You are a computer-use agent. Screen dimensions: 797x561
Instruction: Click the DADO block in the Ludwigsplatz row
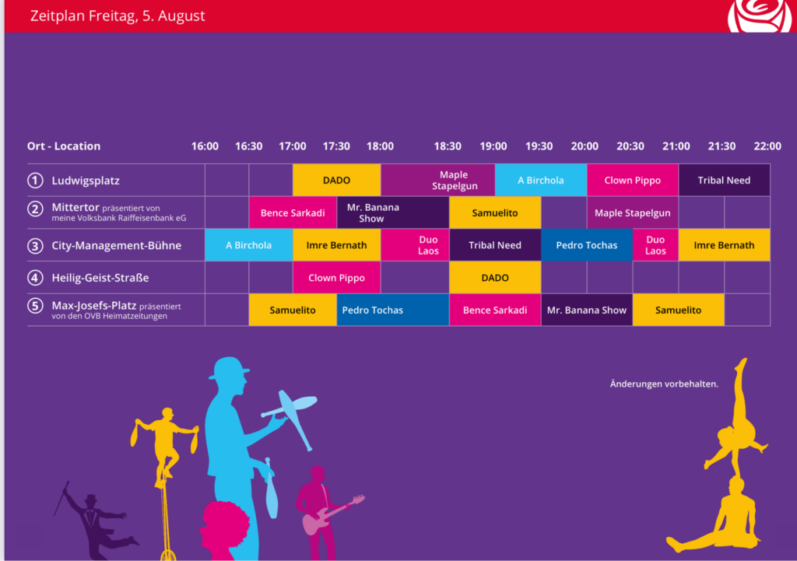pyautogui.click(x=336, y=180)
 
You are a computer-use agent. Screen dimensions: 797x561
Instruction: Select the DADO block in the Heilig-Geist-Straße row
pyautogui.click(x=495, y=278)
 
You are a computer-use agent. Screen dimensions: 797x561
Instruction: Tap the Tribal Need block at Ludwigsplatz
pyautogui.click(x=724, y=180)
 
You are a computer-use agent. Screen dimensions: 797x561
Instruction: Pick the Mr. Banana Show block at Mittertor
pyautogui.click(x=393, y=212)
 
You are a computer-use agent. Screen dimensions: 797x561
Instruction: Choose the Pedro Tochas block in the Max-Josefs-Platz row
pyautogui.click(x=393, y=310)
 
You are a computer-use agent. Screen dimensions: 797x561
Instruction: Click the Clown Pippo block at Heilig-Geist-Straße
pyautogui.click(x=336, y=278)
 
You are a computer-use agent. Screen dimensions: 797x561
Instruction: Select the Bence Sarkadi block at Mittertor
pyautogui.click(x=293, y=212)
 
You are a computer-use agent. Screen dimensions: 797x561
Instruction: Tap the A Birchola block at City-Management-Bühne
pyautogui.click(x=249, y=245)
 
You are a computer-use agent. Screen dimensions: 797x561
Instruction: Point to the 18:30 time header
pyautogui.click(x=448, y=146)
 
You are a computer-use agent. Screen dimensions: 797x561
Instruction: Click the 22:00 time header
pyautogui.click(x=767, y=146)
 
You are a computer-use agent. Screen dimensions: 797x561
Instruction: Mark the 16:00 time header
pyautogui.click(x=205, y=146)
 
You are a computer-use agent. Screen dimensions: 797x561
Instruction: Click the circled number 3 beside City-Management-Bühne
pyautogui.click(x=35, y=246)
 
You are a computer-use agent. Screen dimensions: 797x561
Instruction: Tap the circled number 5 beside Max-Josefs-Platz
pyautogui.click(x=35, y=306)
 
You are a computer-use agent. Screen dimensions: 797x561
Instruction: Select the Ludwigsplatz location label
pyautogui.click(x=86, y=181)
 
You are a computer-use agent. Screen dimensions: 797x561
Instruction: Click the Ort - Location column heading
pyautogui.click(x=64, y=146)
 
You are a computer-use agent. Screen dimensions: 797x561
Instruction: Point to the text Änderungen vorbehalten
pyautogui.click(x=664, y=384)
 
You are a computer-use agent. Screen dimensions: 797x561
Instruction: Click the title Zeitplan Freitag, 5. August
pyautogui.click(x=118, y=16)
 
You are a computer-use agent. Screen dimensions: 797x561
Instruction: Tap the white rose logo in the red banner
pyautogui.click(x=760, y=16)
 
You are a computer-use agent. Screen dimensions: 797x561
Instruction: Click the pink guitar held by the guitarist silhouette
pyautogui.click(x=333, y=514)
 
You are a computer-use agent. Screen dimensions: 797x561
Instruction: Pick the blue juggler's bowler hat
pyautogui.click(x=229, y=368)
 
